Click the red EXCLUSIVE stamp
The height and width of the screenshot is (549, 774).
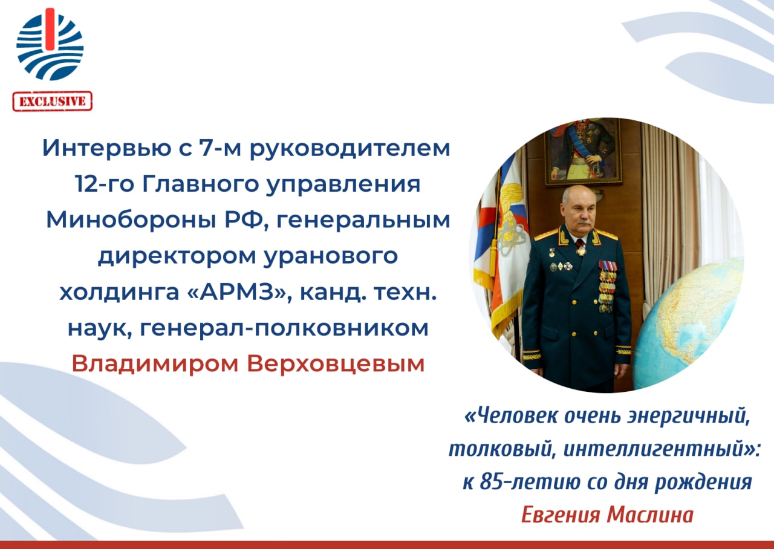[x=53, y=101]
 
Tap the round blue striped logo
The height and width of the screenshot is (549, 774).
[x=50, y=44]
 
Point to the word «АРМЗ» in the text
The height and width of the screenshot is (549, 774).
[x=239, y=292]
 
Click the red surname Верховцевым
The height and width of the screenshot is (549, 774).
[x=336, y=364]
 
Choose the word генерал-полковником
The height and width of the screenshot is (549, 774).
[x=284, y=328]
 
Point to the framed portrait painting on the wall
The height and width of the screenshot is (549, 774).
[x=584, y=152]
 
